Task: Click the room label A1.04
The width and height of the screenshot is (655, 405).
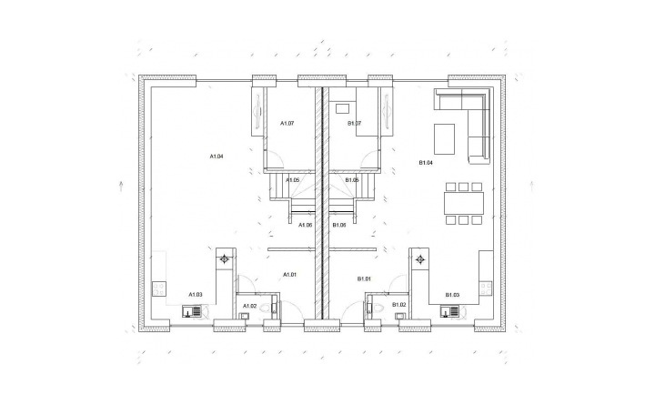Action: [x=217, y=157]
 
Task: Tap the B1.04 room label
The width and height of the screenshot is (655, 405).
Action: [x=426, y=163]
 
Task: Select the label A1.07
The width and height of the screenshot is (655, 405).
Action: [x=287, y=123]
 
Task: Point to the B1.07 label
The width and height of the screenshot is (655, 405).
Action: [x=354, y=123]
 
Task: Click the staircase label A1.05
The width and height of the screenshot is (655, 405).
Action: [x=292, y=180]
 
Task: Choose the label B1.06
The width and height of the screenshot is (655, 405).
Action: [x=339, y=225]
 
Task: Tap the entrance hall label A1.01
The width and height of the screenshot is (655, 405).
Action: [x=290, y=275]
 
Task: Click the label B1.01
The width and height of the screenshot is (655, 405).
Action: [x=364, y=278]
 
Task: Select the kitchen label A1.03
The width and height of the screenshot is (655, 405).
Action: [x=195, y=295]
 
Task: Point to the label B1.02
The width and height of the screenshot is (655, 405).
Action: [x=399, y=305]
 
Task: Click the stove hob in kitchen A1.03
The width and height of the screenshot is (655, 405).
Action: [x=158, y=288]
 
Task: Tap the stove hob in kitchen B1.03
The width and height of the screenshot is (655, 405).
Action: [x=486, y=288]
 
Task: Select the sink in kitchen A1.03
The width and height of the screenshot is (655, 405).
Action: [x=192, y=311]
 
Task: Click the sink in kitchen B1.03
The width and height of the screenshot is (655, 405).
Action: [x=449, y=311]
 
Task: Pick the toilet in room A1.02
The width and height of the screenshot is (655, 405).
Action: [x=266, y=309]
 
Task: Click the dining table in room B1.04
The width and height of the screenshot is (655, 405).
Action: [x=464, y=203]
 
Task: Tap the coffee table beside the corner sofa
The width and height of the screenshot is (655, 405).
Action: [x=445, y=138]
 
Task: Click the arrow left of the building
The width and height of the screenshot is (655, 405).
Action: [x=121, y=187]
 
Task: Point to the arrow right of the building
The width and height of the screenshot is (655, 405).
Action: [x=532, y=187]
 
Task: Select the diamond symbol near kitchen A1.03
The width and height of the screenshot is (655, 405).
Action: [x=225, y=259]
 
